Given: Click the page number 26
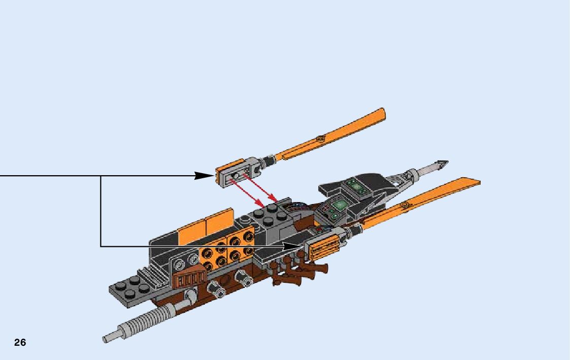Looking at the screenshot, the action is tap(20, 342).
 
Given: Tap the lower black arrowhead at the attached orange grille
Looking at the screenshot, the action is tap(294, 246).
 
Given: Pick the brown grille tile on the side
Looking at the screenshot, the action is tap(189, 278).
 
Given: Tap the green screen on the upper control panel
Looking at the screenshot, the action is tap(358, 188).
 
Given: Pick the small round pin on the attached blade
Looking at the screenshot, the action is tap(404, 205).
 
